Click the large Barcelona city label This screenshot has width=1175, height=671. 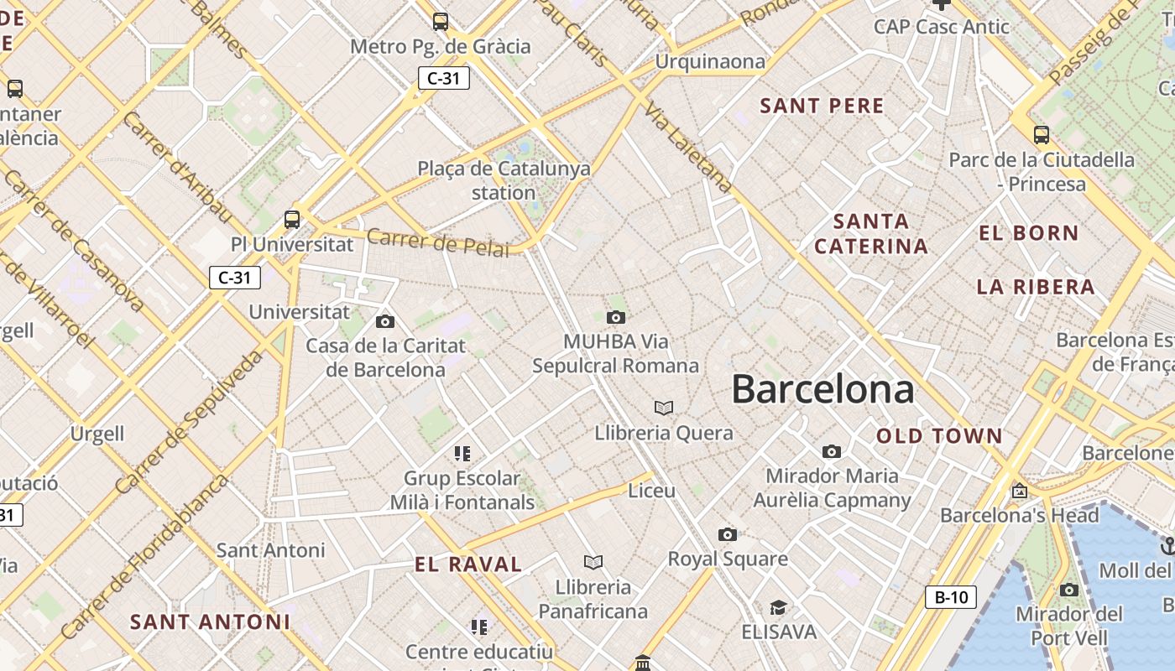[x=822, y=389]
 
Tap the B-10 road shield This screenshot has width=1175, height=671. [x=951, y=597]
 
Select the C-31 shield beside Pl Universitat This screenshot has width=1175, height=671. [x=235, y=278]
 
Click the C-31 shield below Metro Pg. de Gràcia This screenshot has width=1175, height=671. [x=443, y=78]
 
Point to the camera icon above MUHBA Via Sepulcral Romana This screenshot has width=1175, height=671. [x=616, y=317]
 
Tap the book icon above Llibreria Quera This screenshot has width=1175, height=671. [x=664, y=408]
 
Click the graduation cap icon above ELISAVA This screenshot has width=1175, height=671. [x=779, y=606]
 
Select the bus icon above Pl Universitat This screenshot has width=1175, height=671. [x=292, y=220]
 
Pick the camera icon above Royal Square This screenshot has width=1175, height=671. [x=728, y=534]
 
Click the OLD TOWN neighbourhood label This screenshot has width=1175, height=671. [x=939, y=436]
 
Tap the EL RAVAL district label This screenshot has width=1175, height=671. [x=468, y=564]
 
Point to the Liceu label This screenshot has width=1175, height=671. [x=651, y=491]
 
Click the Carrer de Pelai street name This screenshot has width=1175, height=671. [x=438, y=242]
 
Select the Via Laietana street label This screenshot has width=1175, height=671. [x=687, y=148]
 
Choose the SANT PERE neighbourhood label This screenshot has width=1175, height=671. [x=822, y=106]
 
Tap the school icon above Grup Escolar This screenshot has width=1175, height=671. [x=462, y=454]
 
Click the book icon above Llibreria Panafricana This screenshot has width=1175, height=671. [x=593, y=562]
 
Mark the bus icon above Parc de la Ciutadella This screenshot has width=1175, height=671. [x=1042, y=134]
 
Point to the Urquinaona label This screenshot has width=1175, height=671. [x=710, y=61]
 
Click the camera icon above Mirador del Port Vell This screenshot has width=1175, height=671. [x=1068, y=590]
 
